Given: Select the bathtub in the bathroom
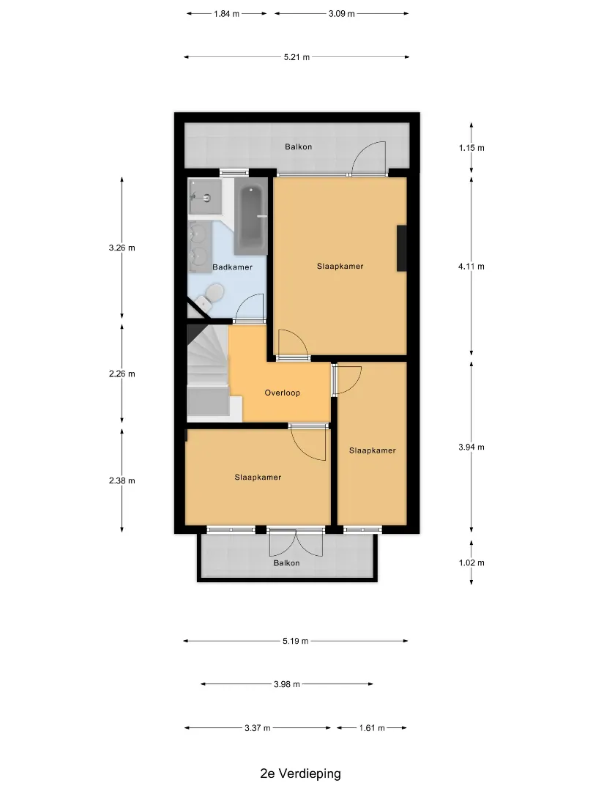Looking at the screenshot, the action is (250, 220).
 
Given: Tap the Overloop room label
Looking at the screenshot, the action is (283, 393).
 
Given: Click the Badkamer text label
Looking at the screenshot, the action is (233, 267).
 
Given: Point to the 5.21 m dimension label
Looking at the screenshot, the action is (296, 57).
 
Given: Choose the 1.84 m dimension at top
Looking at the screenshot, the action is (226, 14).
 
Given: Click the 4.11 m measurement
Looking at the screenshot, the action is (471, 267).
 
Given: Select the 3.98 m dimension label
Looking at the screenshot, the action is (287, 684).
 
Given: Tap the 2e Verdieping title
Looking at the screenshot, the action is (301, 773).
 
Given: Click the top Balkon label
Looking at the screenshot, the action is (299, 146).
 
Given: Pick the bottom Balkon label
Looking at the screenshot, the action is (286, 563).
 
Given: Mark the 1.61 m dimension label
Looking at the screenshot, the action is (372, 728).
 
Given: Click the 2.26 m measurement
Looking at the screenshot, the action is (122, 374).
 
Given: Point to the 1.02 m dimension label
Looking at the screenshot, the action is (471, 562).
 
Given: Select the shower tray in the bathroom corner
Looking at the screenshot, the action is (206, 197).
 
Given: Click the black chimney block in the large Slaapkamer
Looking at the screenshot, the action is (402, 248).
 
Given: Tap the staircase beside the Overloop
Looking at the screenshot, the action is (208, 373).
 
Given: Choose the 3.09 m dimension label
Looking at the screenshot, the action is (342, 14).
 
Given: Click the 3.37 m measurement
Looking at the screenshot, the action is (258, 728).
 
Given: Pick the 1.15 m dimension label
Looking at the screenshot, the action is (471, 148).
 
